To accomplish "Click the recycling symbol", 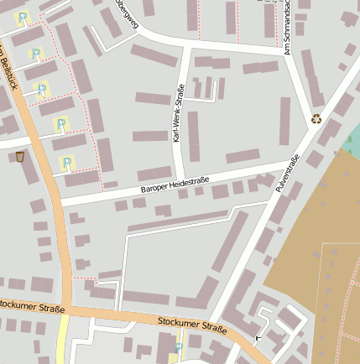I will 316,119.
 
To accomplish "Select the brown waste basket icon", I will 20,156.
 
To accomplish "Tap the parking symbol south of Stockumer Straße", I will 177,347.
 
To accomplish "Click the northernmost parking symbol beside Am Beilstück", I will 23,17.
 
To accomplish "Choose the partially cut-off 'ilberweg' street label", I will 126,15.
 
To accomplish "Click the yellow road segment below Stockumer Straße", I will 62,344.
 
